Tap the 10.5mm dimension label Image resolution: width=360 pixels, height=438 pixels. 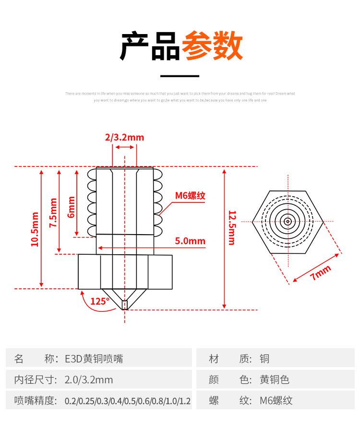point(35,229)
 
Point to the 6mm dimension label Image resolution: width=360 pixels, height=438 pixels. point(72,207)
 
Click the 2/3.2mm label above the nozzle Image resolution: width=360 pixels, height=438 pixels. point(124,138)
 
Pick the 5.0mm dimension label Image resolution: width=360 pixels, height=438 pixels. point(190,241)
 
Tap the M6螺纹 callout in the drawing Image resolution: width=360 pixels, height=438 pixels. point(190,195)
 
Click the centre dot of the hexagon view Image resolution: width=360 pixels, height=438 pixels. point(288,222)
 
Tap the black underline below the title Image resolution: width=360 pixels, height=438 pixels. point(179,76)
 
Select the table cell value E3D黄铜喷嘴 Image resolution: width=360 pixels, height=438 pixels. point(94,358)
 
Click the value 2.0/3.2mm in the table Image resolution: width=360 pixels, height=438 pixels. point(89,380)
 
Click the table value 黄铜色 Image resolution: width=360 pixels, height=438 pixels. point(275,380)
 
